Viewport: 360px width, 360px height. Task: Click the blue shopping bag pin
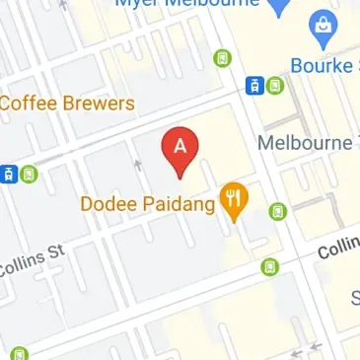click(322, 31)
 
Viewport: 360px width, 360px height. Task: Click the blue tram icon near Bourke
click(254, 86)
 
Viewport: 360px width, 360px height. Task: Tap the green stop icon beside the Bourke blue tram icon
click(275, 86)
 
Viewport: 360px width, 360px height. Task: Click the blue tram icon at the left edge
click(8, 175)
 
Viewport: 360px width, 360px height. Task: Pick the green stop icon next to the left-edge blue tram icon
click(30, 175)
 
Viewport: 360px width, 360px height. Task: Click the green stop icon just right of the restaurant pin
click(278, 210)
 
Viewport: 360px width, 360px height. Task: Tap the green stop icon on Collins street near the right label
click(269, 266)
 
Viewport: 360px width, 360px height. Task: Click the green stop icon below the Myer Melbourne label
click(222, 58)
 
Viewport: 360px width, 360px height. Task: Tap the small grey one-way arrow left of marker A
click(138, 165)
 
